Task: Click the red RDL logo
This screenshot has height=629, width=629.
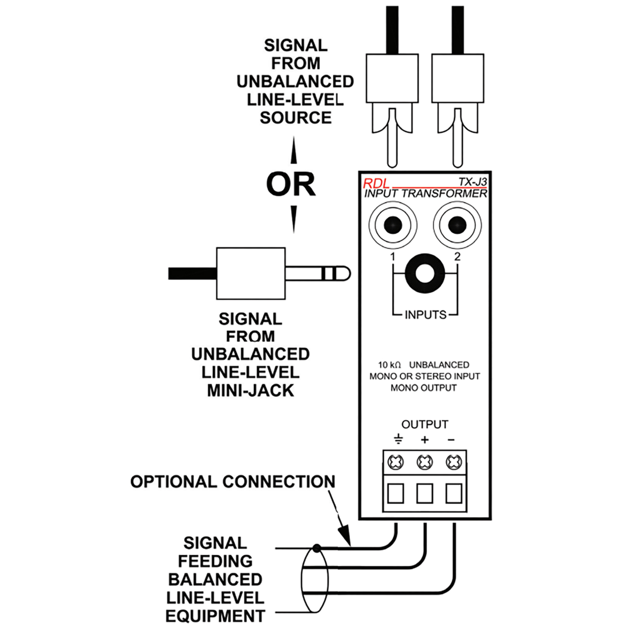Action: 375,183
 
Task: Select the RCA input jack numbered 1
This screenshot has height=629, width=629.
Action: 392,225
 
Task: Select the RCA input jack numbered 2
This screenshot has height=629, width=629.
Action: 457,225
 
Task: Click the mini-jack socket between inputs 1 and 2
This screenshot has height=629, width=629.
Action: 425,274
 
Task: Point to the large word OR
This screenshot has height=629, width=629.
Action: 291,184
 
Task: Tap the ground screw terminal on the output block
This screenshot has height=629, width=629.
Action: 396,462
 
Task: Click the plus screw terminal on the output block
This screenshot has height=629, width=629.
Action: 425,462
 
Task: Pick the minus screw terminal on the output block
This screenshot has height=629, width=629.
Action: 454,462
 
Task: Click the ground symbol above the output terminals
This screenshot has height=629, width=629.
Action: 398,439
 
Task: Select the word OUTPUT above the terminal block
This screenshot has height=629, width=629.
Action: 425,424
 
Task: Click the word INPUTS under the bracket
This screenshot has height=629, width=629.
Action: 425,314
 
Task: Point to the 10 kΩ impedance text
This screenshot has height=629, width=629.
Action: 389,365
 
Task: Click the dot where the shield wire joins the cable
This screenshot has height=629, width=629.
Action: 316,547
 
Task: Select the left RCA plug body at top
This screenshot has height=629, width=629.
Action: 392,78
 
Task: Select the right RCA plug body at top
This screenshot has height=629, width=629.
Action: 457,78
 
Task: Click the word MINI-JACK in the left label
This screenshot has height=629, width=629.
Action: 250,391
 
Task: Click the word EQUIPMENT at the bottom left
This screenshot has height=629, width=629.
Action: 215,616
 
